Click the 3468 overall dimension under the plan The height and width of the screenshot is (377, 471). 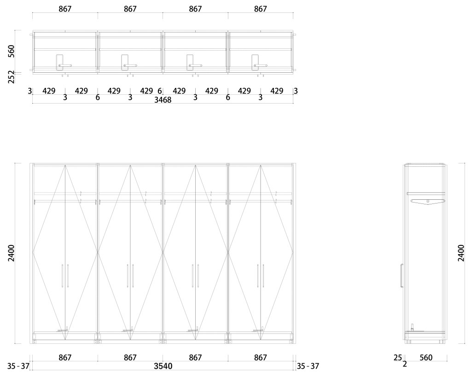click(163, 100)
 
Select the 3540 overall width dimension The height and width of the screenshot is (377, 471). click(163, 366)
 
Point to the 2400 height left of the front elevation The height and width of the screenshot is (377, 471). click(12, 253)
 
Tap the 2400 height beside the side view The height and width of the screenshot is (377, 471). click(461, 253)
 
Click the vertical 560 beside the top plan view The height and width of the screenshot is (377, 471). click(12, 51)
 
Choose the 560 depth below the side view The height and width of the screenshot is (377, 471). click(426, 358)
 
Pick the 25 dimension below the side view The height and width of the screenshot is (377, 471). click(398, 358)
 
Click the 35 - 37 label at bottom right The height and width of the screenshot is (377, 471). click(308, 366)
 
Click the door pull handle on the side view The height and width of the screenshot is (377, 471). click(401, 274)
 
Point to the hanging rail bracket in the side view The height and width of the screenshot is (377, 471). click(428, 201)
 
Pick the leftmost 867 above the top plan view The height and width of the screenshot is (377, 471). click(65, 9)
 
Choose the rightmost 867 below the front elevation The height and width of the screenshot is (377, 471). click(260, 358)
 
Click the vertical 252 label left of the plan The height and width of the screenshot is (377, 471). click(12, 77)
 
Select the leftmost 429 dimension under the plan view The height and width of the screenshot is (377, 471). click(49, 91)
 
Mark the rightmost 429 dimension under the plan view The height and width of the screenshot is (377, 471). click(277, 91)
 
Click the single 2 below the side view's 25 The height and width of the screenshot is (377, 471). click(405, 365)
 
